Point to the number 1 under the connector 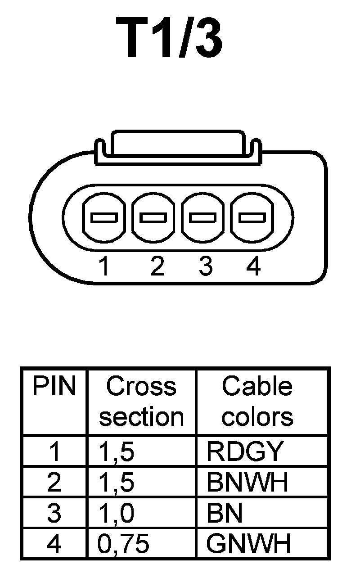coord(104,266)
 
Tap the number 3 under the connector coord(205,266)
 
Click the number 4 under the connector coord(254,266)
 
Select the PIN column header coord(54,387)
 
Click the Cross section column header coord(141,402)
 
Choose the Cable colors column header coord(257,402)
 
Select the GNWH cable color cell coord(249,544)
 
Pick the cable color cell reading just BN coord(225,514)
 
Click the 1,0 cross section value coord(116,514)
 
